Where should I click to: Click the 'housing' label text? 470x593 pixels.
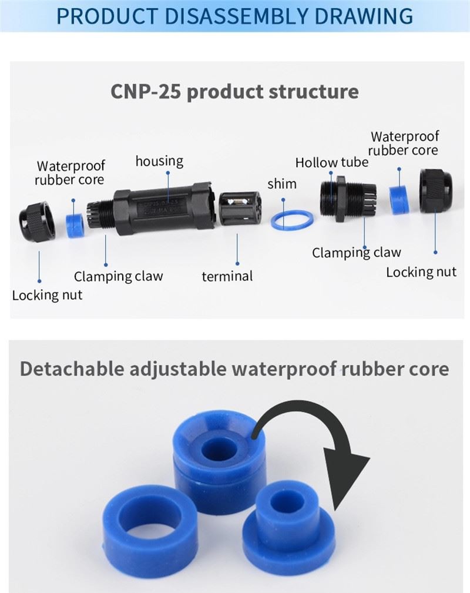(159, 162)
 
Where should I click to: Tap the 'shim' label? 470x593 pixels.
(281, 184)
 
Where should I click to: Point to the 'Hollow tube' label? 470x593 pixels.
(331, 163)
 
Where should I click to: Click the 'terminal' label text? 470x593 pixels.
(227, 276)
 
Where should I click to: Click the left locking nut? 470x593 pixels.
(36, 221)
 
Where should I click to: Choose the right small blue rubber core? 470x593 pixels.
(399, 199)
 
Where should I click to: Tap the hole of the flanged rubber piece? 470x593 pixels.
(286, 504)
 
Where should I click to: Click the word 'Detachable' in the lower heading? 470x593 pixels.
(72, 368)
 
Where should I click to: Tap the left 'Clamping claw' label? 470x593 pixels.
(118, 276)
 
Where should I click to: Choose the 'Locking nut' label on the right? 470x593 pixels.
(421, 272)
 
